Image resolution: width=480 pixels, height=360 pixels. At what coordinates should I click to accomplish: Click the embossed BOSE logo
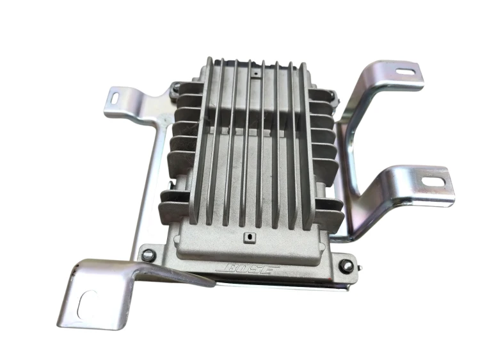[x=248, y=269]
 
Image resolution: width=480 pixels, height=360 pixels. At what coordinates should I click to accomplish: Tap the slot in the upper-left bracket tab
[x=116, y=98]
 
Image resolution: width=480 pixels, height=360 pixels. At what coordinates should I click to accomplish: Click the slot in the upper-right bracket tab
[x=406, y=72]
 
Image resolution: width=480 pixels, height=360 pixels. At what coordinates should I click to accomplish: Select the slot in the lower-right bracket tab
[x=433, y=182]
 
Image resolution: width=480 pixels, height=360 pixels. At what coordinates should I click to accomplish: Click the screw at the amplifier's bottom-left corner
[x=148, y=254]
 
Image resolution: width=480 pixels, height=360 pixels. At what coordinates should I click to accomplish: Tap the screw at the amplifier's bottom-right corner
[x=347, y=265]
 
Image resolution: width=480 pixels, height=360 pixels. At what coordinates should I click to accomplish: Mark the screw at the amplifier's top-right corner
[x=333, y=95]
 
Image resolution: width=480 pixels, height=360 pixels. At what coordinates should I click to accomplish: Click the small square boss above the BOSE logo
[x=250, y=237]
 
